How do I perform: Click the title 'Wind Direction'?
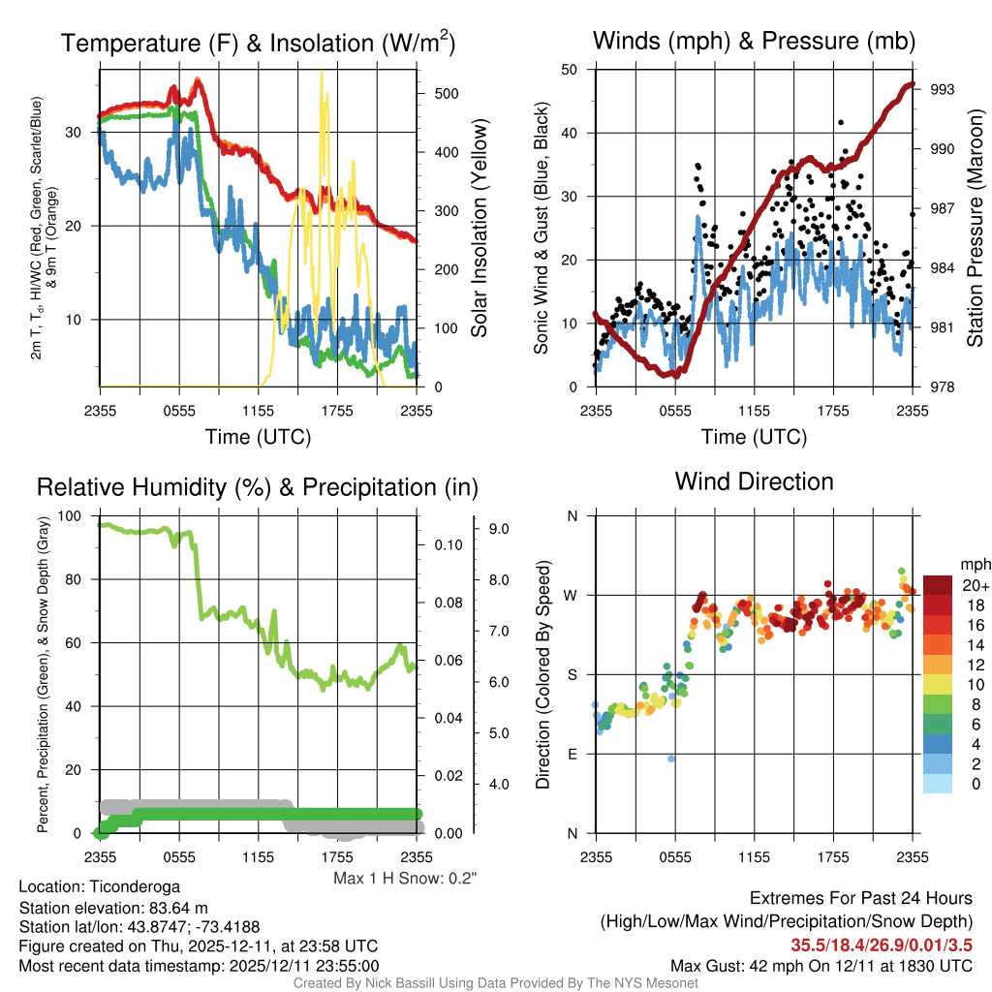(x=754, y=481)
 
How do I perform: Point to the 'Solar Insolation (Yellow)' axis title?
(x=479, y=228)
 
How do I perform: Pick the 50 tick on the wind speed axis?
(x=571, y=70)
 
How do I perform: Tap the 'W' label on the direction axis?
(x=572, y=595)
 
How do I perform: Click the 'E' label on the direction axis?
(x=573, y=754)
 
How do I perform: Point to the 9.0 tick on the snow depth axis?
(x=500, y=529)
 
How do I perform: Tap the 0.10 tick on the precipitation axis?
(x=447, y=545)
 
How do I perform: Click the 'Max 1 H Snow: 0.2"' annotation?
(x=406, y=878)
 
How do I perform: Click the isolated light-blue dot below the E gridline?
(x=670, y=759)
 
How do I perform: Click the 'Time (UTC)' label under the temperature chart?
(x=258, y=437)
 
